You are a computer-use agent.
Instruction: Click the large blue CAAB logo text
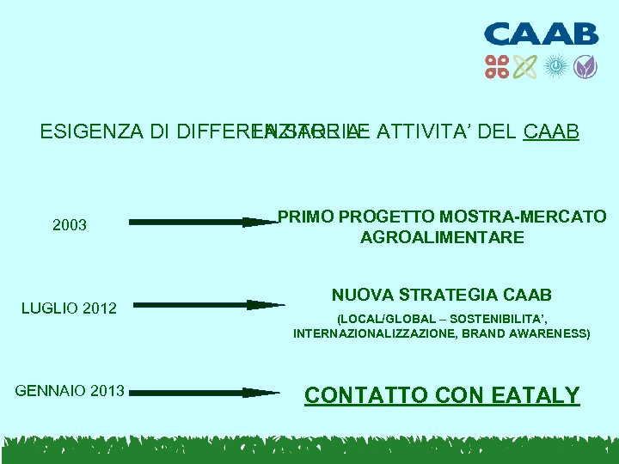click(541, 34)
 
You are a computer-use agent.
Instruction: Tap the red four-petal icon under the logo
click(498, 66)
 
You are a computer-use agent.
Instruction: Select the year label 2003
click(70, 225)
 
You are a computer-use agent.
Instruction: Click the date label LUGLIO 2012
click(69, 308)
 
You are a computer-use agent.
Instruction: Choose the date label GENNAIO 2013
click(70, 392)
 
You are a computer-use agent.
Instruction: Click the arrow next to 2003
click(205, 222)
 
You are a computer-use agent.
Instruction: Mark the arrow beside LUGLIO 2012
click(209, 304)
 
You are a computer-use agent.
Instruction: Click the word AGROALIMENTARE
click(442, 237)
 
